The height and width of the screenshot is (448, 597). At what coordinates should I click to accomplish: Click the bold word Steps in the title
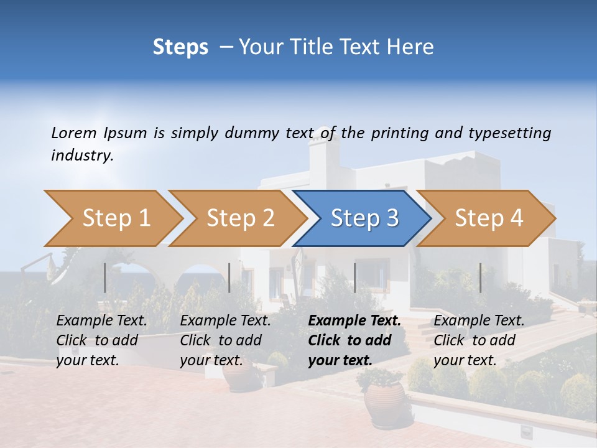[x=180, y=47]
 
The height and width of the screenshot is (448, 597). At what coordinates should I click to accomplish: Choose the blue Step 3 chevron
[x=363, y=218]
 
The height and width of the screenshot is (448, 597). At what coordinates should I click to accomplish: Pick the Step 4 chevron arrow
[x=488, y=218]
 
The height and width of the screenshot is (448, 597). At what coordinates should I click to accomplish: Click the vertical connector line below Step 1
[x=105, y=278]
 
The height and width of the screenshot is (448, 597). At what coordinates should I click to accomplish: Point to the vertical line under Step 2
[x=229, y=278]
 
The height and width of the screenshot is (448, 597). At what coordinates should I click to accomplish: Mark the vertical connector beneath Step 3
[x=355, y=278]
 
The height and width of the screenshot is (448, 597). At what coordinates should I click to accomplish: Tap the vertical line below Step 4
[x=480, y=278]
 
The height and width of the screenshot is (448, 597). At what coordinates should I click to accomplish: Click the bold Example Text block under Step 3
[x=354, y=340]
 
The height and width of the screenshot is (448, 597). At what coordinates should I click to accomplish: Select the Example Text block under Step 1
[x=101, y=340]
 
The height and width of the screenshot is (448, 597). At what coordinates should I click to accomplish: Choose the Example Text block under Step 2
[x=225, y=340]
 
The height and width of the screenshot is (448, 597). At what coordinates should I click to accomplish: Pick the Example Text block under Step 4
[x=479, y=340]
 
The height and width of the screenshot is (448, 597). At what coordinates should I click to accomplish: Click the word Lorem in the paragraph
[x=74, y=133]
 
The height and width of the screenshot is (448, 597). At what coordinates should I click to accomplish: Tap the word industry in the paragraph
[x=81, y=156]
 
